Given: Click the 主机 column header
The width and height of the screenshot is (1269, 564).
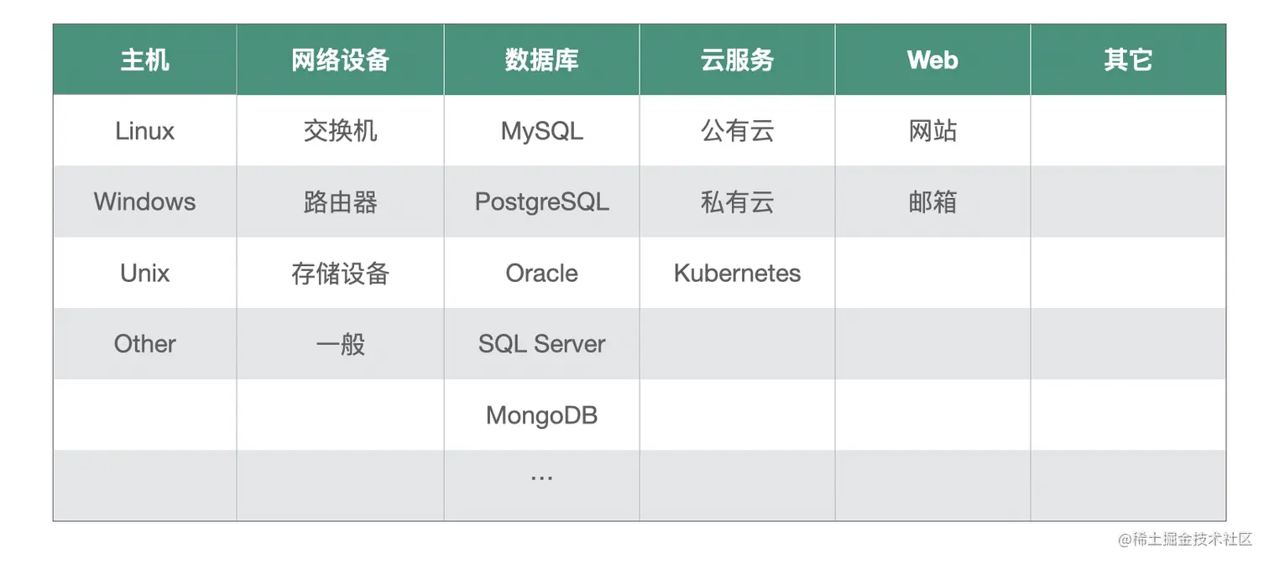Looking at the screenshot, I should pos(144,60).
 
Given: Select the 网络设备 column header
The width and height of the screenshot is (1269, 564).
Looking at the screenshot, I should pos(340,60).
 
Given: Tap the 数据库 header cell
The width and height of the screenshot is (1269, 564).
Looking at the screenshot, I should pos(541,60).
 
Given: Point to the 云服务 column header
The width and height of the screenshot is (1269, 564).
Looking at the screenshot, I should pos(737,60).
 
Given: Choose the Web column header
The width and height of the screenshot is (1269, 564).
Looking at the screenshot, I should pos(932,60).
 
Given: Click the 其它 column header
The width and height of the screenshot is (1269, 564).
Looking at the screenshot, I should pos(1128,60).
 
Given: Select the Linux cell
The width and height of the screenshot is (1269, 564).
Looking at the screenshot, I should pos(144,131).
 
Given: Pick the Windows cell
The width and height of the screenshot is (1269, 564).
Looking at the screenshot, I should pos(144,202).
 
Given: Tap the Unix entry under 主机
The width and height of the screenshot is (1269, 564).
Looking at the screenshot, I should pos(144,274).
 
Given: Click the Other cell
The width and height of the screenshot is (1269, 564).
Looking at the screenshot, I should pos(144,344).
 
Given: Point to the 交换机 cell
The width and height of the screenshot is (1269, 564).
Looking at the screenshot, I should pos(340,131).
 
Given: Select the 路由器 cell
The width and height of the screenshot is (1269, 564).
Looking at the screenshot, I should pos(340,202).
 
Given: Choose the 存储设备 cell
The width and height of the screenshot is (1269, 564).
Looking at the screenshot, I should pos(340,274).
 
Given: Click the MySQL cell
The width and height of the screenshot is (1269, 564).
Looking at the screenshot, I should pos(541,131).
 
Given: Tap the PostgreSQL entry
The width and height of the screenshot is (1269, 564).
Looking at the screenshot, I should pos(541,202).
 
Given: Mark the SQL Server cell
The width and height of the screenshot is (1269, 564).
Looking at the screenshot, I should pos(541,344).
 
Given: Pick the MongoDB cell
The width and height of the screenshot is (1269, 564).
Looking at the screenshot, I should pos(541,415).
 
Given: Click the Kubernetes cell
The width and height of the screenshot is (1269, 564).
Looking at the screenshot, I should pos(737,274).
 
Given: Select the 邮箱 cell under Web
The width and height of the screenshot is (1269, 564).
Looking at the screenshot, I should pos(932,202).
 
